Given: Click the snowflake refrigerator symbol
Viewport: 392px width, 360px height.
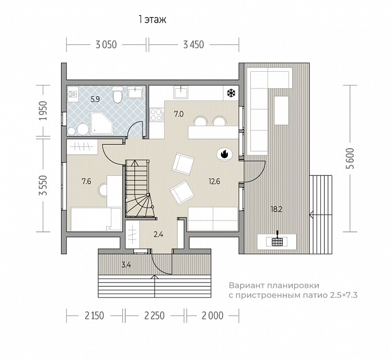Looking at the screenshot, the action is click(231, 93).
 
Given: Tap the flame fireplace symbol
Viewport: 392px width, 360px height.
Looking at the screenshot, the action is click(225, 154).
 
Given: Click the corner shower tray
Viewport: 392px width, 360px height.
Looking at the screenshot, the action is click(102, 123).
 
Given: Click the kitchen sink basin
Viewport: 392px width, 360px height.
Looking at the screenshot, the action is click(181, 92).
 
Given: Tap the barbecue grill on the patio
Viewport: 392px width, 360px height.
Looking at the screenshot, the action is click(277, 241).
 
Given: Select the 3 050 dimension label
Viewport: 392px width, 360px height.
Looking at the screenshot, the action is click(106, 44).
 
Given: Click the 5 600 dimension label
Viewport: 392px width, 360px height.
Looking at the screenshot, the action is click(351, 159).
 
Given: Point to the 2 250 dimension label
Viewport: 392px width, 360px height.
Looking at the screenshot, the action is click(155, 316).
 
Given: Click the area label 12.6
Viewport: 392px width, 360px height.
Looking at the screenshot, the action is click(214, 181).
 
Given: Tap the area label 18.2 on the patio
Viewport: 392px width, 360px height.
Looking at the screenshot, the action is click(276, 209).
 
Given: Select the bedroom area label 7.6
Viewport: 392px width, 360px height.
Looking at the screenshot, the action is click(86, 181).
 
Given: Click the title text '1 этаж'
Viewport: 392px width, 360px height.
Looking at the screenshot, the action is click(153, 19).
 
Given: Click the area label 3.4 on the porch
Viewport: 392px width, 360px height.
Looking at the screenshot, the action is click(126, 265).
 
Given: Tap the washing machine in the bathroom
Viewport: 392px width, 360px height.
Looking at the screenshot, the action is click(73, 94).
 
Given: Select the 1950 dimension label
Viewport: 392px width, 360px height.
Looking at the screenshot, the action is click(43, 110).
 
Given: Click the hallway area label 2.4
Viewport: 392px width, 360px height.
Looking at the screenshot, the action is click(158, 234).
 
